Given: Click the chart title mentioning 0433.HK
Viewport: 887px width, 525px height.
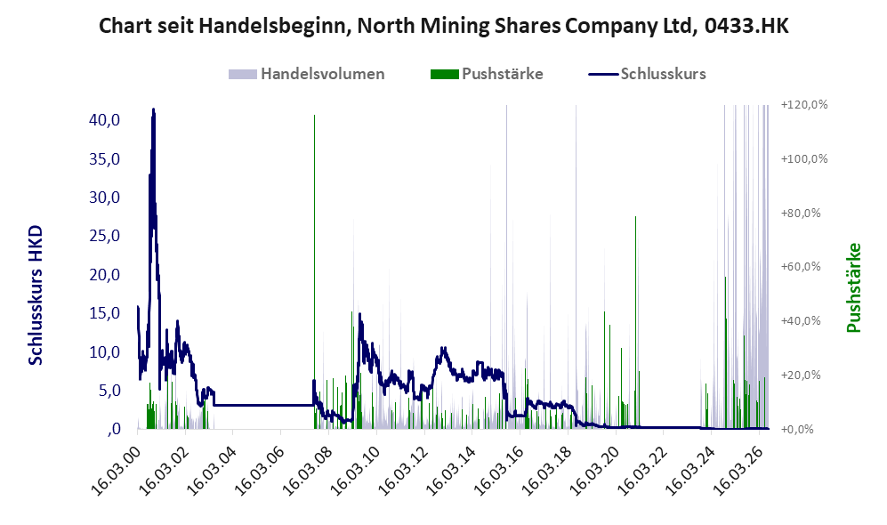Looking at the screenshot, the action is pyautogui.click(x=443, y=26).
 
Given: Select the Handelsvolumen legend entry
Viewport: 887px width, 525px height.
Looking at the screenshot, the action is pyautogui.click(x=307, y=74).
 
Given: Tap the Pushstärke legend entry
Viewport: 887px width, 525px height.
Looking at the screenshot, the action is pyautogui.click(x=487, y=74).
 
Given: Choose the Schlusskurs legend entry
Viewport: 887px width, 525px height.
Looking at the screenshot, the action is pyautogui.click(x=647, y=74).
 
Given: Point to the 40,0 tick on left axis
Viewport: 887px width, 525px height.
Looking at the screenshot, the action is pyautogui.click(x=105, y=120).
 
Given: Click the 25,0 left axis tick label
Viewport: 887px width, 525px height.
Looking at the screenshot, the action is pyautogui.click(x=105, y=236).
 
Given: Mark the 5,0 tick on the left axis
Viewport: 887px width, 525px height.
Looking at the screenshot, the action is pyautogui.click(x=109, y=391).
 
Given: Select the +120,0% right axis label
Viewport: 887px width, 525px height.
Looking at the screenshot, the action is pyautogui.click(x=804, y=105).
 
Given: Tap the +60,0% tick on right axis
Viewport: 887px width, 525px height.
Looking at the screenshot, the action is pyautogui.click(x=801, y=266).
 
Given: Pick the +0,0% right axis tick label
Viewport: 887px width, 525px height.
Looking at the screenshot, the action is pyautogui.click(x=797, y=430).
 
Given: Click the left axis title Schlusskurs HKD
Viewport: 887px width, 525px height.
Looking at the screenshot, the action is pyautogui.click(x=36, y=295).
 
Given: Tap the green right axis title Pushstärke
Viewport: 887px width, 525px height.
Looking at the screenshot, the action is pyautogui.click(x=853, y=287).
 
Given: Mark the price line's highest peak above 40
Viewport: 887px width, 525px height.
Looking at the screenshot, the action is pyautogui.click(x=153, y=109).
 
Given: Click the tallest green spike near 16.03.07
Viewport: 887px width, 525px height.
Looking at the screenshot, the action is pyautogui.click(x=315, y=271).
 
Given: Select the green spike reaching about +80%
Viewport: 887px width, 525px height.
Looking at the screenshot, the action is pyautogui.click(x=635, y=322).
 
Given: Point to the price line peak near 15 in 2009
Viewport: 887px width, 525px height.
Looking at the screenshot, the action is pyautogui.click(x=359, y=314).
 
